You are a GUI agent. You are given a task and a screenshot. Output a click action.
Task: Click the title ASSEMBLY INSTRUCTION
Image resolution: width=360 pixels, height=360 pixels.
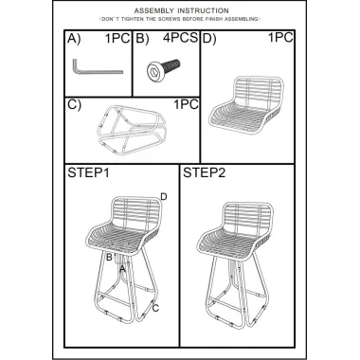coord(181,11)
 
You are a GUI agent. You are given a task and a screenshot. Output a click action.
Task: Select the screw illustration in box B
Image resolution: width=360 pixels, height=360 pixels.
coord(164,70)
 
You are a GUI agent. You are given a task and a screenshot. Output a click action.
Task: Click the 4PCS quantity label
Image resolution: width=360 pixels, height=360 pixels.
coord(180,38)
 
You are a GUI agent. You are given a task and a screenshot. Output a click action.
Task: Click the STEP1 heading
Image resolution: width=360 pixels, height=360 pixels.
coord(88,173)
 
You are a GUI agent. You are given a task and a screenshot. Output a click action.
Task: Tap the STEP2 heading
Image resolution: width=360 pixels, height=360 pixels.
coord(204,173)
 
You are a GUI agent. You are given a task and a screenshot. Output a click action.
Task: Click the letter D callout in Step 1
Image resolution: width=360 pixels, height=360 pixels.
coord(164,197)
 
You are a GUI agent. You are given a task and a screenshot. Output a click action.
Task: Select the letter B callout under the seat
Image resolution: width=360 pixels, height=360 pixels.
coord(109,258)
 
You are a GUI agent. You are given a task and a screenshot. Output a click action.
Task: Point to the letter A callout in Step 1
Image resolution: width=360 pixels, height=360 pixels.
coord(122,269)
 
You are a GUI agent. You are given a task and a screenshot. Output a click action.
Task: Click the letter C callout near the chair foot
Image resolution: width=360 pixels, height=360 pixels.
coord(155,308)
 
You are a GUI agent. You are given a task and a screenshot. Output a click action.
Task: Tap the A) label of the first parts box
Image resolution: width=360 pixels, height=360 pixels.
coord(74,39)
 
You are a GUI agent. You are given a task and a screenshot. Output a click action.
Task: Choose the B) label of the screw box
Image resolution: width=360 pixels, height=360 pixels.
coord(142,39)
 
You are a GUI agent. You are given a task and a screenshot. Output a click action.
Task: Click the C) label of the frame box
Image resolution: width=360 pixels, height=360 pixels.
coord(74,105)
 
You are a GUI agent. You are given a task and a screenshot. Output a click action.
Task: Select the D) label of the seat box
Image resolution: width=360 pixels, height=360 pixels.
coord(209,39)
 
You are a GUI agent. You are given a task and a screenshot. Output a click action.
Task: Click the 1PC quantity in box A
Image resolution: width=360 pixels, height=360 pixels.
coord(117,38)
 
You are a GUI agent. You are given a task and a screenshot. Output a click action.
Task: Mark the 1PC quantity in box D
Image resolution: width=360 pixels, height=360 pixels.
coord(280,38)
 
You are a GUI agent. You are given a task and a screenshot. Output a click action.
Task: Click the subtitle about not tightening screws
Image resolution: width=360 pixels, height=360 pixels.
coord(180,19)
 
